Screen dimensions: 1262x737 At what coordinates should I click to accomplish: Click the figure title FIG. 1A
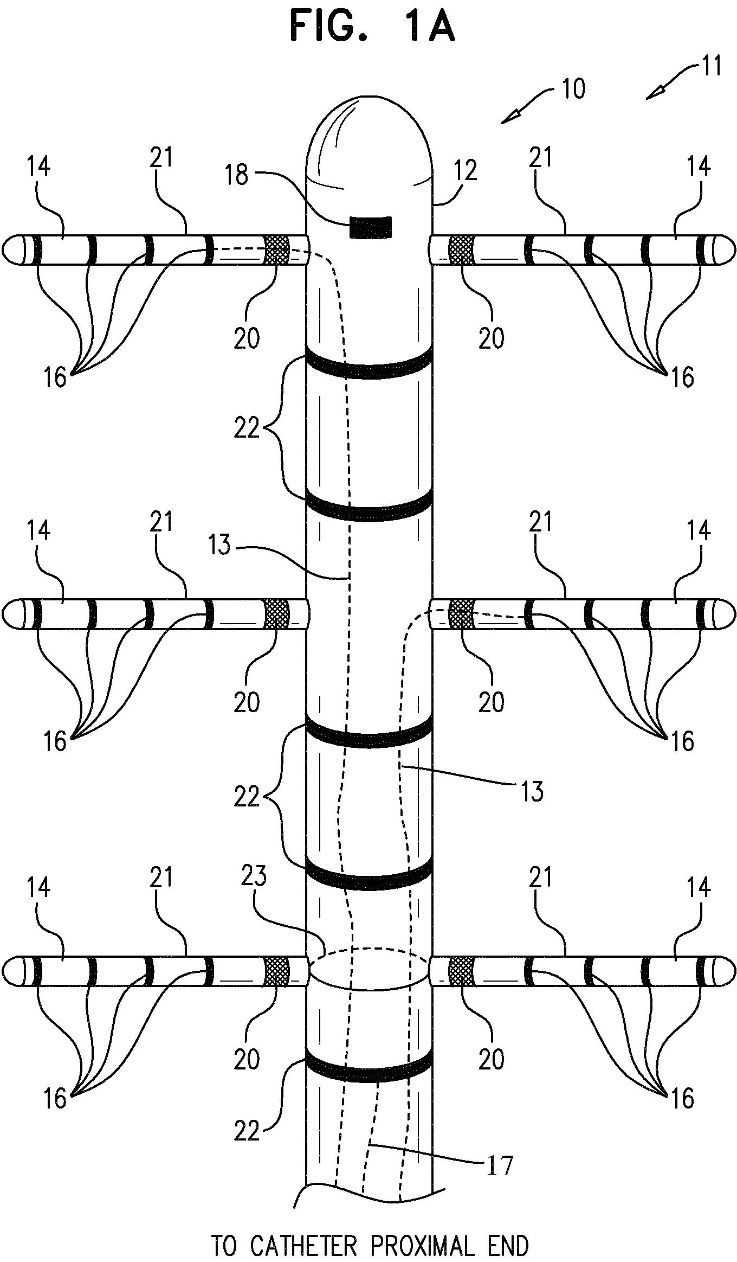(372, 28)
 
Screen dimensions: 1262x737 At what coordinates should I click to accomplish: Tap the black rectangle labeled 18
(370, 227)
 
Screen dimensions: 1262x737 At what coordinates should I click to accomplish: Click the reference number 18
(237, 175)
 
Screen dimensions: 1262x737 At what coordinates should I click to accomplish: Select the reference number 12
(466, 171)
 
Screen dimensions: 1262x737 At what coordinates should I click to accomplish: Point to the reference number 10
(573, 88)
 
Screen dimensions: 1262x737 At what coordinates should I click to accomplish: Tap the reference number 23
(254, 877)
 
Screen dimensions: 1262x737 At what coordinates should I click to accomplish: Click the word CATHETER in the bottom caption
(303, 1231)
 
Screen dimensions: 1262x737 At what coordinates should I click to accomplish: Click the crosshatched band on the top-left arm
(276, 250)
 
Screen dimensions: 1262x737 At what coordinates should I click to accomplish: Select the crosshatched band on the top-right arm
(461, 250)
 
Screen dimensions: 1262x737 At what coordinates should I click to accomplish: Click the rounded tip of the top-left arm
(12, 250)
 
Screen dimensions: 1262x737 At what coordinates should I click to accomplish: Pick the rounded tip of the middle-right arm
(725, 614)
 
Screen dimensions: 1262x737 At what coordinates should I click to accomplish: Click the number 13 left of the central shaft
(219, 545)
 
